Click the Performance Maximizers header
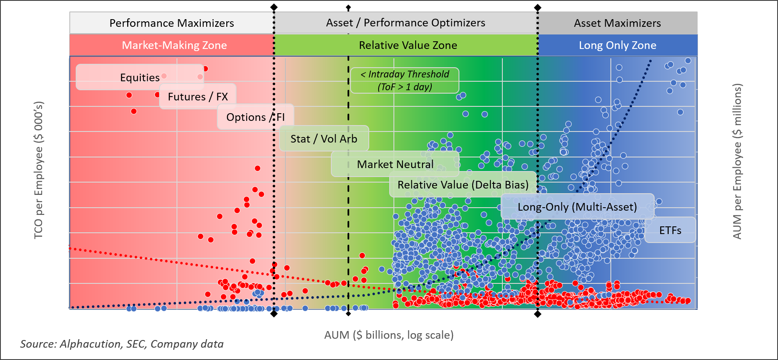tap(171, 23)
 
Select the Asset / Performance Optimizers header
tap(405, 23)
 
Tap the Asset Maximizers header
tap(617, 23)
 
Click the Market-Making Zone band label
tap(174, 45)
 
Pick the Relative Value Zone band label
tap(408, 45)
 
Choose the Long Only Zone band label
tap(617, 45)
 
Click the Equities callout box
tap(140, 77)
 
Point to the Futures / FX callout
tap(198, 97)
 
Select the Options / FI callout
tap(255, 117)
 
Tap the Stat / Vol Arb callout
tap(324, 139)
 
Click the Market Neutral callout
tap(395, 164)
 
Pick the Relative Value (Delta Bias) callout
tap(463, 185)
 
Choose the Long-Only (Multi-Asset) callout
tap(577, 207)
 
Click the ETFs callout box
tap(670, 230)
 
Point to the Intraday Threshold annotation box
tap(405, 80)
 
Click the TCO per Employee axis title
tap(38, 170)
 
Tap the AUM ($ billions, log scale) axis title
tap(389, 335)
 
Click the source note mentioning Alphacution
tap(122, 344)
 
